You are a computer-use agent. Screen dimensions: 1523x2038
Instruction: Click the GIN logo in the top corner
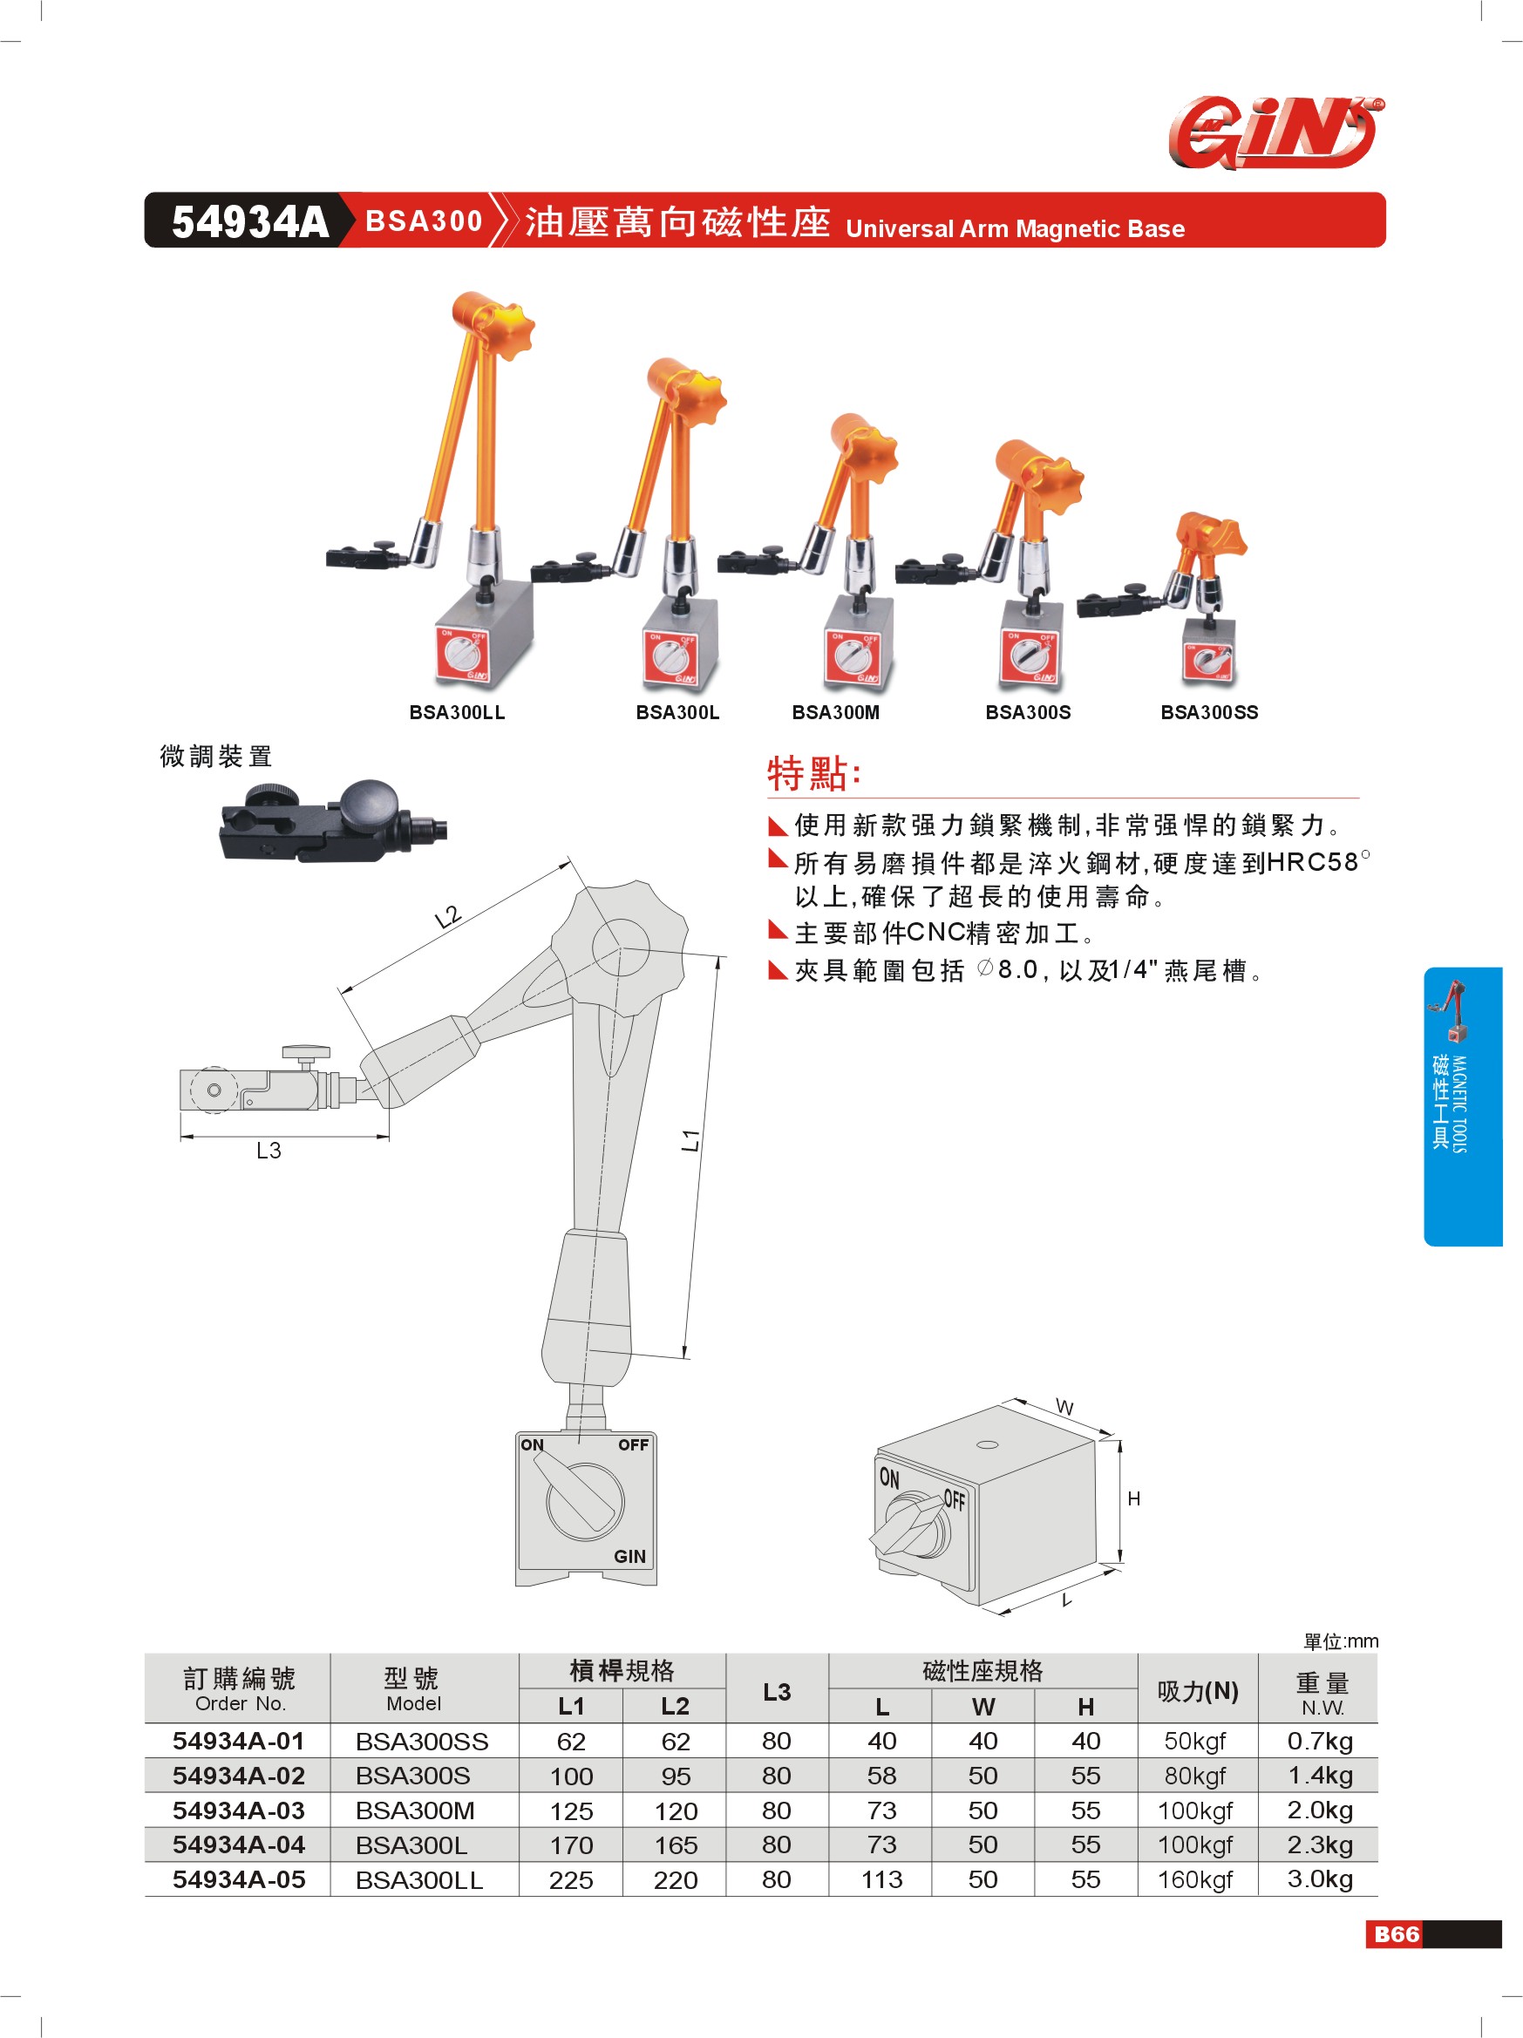click(1276, 132)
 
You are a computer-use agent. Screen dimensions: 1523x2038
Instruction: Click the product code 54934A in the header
click(249, 222)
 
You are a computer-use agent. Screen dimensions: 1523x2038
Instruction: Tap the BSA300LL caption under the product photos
click(457, 712)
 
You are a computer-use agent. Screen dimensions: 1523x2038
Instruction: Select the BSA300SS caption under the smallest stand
click(1209, 712)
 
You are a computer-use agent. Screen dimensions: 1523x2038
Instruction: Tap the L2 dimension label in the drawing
click(447, 917)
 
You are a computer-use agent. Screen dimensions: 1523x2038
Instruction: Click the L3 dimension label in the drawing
click(269, 1150)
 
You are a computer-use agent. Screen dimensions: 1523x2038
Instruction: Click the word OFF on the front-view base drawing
click(633, 1444)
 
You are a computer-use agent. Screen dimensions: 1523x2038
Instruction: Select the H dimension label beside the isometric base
click(1134, 1499)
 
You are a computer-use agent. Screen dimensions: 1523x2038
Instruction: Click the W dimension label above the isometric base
click(1064, 1408)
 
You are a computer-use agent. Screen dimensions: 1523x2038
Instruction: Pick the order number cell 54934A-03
click(239, 1810)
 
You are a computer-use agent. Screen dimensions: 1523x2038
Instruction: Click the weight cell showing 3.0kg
click(1319, 1878)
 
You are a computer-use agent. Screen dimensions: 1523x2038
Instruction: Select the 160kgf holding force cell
click(1195, 1879)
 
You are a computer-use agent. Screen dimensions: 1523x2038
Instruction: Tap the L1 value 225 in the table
click(571, 1880)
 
